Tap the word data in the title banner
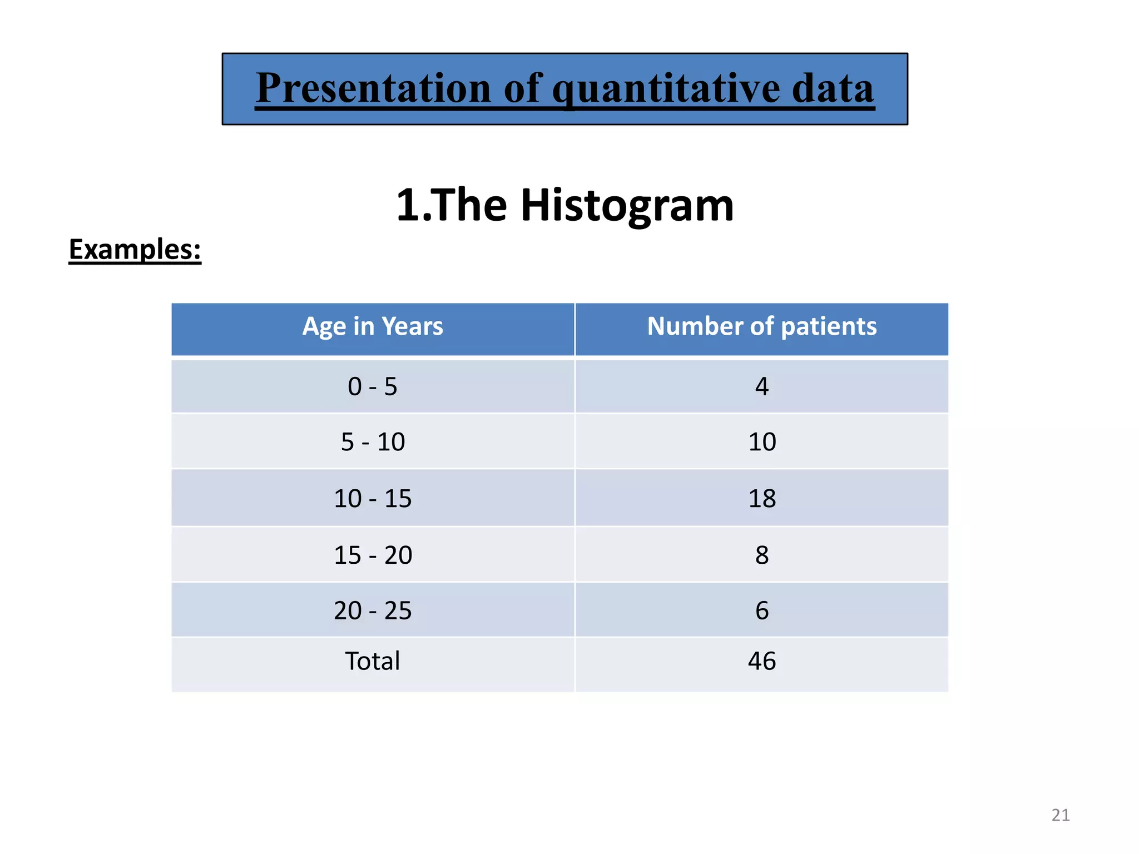point(833,89)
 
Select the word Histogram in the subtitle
point(627,206)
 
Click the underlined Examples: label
point(135,250)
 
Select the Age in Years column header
point(373,326)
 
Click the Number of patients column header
point(761,326)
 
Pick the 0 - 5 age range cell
point(373,386)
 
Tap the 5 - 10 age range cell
point(373,442)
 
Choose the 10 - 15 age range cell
point(373,499)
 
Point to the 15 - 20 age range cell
point(373,555)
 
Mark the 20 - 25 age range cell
point(373,610)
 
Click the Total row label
point(373,661)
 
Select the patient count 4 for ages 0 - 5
point(761,386)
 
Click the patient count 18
point(761,499)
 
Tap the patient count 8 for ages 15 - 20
point(761,555)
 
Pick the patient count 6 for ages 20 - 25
point(761,610)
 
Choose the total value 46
point(761,661)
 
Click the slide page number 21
point(1060,815)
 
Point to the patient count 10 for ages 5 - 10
point(761,442)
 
